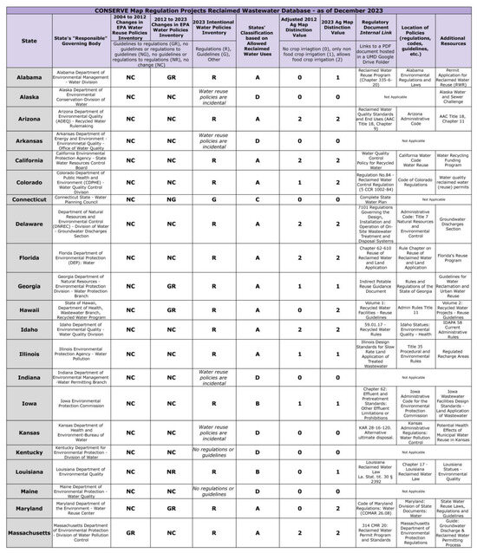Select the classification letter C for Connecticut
point(259,198)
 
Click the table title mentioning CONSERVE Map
point(238,5)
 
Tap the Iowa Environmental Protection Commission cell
point(80,403)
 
